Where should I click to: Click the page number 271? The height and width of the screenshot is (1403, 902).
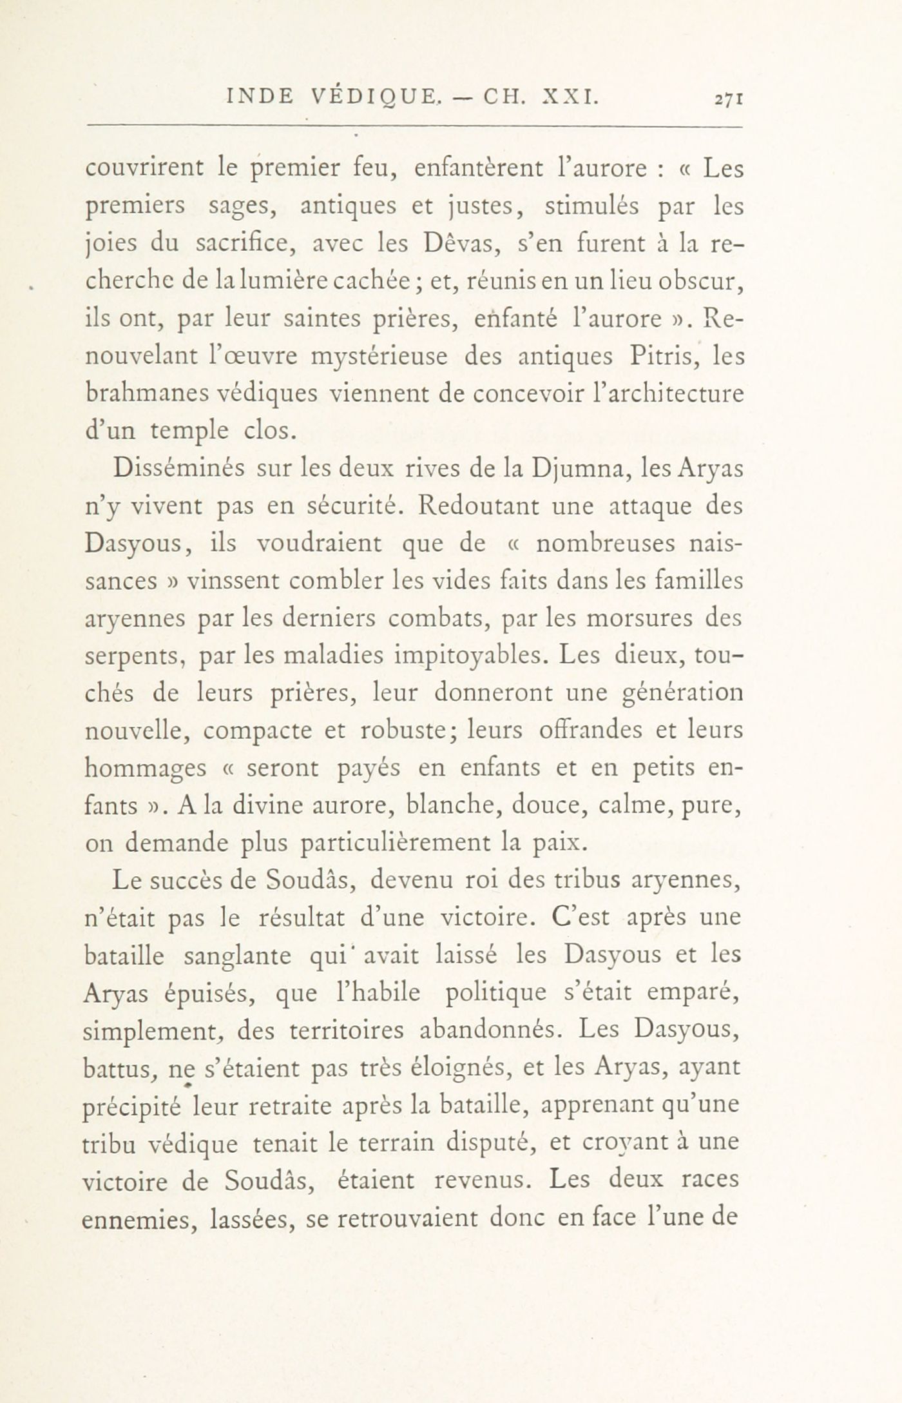pyautogui.click(x=729, y=99)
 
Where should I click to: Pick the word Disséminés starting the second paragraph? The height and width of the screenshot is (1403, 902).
pyautogui.click(x=178, y=468)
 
